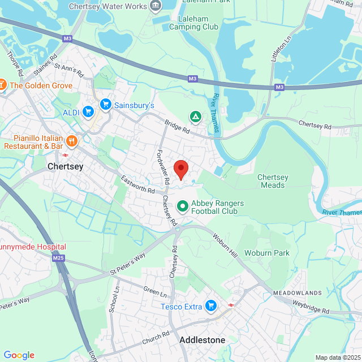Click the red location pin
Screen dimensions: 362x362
point(180,169)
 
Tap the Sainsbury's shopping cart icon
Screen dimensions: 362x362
point(105,105)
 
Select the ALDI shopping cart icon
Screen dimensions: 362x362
point(88,111)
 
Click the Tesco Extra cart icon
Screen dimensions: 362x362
point(211,306)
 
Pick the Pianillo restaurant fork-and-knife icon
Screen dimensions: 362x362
point(71,141)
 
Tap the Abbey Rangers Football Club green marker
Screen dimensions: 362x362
point(183,206)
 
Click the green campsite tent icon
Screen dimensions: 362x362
point(196,117)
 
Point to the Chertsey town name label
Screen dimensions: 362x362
point(66,167)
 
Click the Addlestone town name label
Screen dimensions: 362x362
point(202,340)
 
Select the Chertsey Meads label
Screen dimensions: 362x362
point(273,181)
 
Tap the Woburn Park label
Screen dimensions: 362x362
point(266,252)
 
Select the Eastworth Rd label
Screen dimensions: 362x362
point(138,185)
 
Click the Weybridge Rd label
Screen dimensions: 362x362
point(311,307)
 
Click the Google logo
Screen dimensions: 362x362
point(19,355)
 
